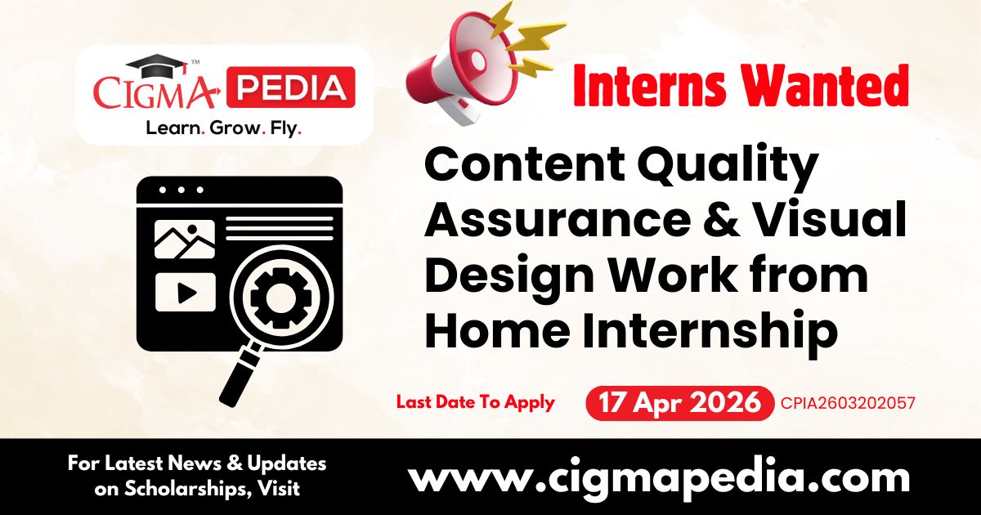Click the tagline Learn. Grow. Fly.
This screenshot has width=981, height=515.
[x=223, y=128]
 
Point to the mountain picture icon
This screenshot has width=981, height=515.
[x=185, y=239]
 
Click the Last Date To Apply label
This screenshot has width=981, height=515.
[x=475, y=402]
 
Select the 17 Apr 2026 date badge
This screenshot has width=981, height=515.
[x=679, y=402]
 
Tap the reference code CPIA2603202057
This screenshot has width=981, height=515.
[x=848, y=402]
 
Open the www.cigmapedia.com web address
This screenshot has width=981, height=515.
[x=658, y=477]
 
